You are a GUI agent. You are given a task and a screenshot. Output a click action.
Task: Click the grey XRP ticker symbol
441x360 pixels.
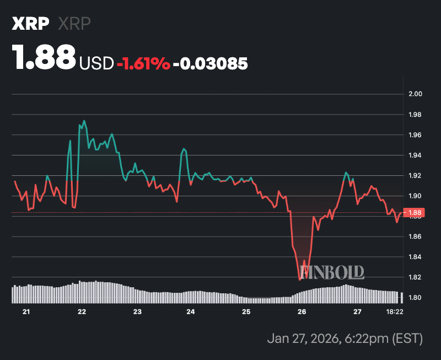tap(74, 24)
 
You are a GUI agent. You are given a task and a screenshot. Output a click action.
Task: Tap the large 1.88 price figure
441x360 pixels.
tap(44, 57)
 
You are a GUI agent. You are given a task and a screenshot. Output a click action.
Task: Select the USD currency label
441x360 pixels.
tap(97, 64)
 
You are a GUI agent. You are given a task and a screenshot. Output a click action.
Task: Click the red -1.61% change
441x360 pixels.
tap(143, 64)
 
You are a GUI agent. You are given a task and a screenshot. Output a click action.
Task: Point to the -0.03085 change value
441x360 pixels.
tap(210, 64)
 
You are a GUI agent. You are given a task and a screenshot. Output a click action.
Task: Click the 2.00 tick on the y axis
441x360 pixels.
tap(415, 94)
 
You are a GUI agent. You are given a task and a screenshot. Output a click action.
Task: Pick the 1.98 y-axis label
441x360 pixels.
tap(415, 115)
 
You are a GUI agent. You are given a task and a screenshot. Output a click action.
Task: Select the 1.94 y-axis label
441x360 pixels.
tap(415, 155)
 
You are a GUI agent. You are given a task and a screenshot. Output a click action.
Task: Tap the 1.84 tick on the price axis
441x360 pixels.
tap(415, 257)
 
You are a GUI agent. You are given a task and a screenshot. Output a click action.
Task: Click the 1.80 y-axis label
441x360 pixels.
tap(415, 298)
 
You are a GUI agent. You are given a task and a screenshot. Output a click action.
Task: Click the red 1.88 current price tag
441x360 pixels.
tap(415, 212)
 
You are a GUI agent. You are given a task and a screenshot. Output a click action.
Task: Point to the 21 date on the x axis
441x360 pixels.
tap(26, 312)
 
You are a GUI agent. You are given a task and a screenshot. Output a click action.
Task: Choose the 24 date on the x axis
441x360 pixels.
tap(191, 312)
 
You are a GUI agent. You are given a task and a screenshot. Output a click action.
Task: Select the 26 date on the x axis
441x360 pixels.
tap(302, 312)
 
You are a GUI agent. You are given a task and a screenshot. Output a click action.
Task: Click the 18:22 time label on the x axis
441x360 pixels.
tap(395, 312)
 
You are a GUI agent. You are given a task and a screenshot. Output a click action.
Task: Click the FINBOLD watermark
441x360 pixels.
tap(332, 271)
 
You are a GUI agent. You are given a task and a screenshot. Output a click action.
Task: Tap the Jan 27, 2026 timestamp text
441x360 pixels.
tap(345, 337)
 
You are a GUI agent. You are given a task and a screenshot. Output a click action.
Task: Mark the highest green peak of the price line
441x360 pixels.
tap(84, 121)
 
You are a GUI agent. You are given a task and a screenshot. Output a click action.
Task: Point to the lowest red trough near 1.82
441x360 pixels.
tap(300, 280)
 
